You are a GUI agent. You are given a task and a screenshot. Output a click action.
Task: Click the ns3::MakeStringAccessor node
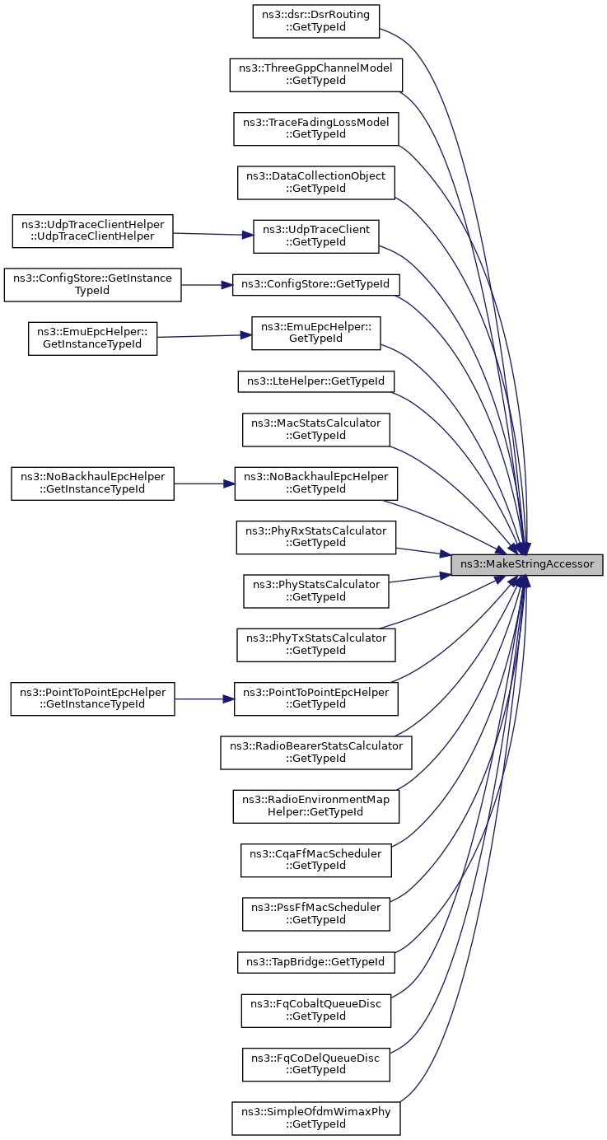526,564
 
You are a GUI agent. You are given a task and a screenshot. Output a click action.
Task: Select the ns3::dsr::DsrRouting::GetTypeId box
316,21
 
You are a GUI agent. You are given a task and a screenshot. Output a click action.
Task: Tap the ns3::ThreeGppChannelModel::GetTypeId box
316,75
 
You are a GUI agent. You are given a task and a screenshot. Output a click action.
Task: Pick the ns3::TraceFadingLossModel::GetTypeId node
316,128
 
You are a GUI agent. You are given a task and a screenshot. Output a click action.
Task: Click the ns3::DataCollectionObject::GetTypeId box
316,183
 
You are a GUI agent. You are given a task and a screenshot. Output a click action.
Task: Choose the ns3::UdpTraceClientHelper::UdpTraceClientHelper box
92,231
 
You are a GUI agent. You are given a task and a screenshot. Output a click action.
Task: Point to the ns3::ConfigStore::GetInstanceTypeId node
92,285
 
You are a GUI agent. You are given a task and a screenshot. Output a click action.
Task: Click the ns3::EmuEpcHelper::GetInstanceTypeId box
92,339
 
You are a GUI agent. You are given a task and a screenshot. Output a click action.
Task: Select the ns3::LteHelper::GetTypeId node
316,381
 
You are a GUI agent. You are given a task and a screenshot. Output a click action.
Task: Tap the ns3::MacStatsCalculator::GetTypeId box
316,430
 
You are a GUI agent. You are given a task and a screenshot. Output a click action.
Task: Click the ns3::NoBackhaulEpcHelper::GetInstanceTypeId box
92,484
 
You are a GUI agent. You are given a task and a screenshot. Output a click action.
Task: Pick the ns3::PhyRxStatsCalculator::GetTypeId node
316,537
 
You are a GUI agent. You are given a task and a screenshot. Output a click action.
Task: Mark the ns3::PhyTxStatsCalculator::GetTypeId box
316,645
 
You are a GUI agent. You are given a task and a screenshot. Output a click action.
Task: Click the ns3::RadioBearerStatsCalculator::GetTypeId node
316,752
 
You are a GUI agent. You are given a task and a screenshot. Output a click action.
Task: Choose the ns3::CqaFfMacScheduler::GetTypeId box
316,860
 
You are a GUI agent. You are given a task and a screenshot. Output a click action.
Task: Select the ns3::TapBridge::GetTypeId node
316,962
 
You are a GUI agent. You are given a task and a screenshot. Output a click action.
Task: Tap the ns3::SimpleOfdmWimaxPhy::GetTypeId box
316,1118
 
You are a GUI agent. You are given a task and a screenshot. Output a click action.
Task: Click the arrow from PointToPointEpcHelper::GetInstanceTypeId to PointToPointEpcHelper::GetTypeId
204,698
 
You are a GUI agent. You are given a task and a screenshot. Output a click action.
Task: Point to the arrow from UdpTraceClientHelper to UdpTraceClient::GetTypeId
213,234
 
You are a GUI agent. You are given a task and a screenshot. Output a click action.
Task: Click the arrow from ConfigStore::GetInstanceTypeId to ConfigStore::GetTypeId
207,285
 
